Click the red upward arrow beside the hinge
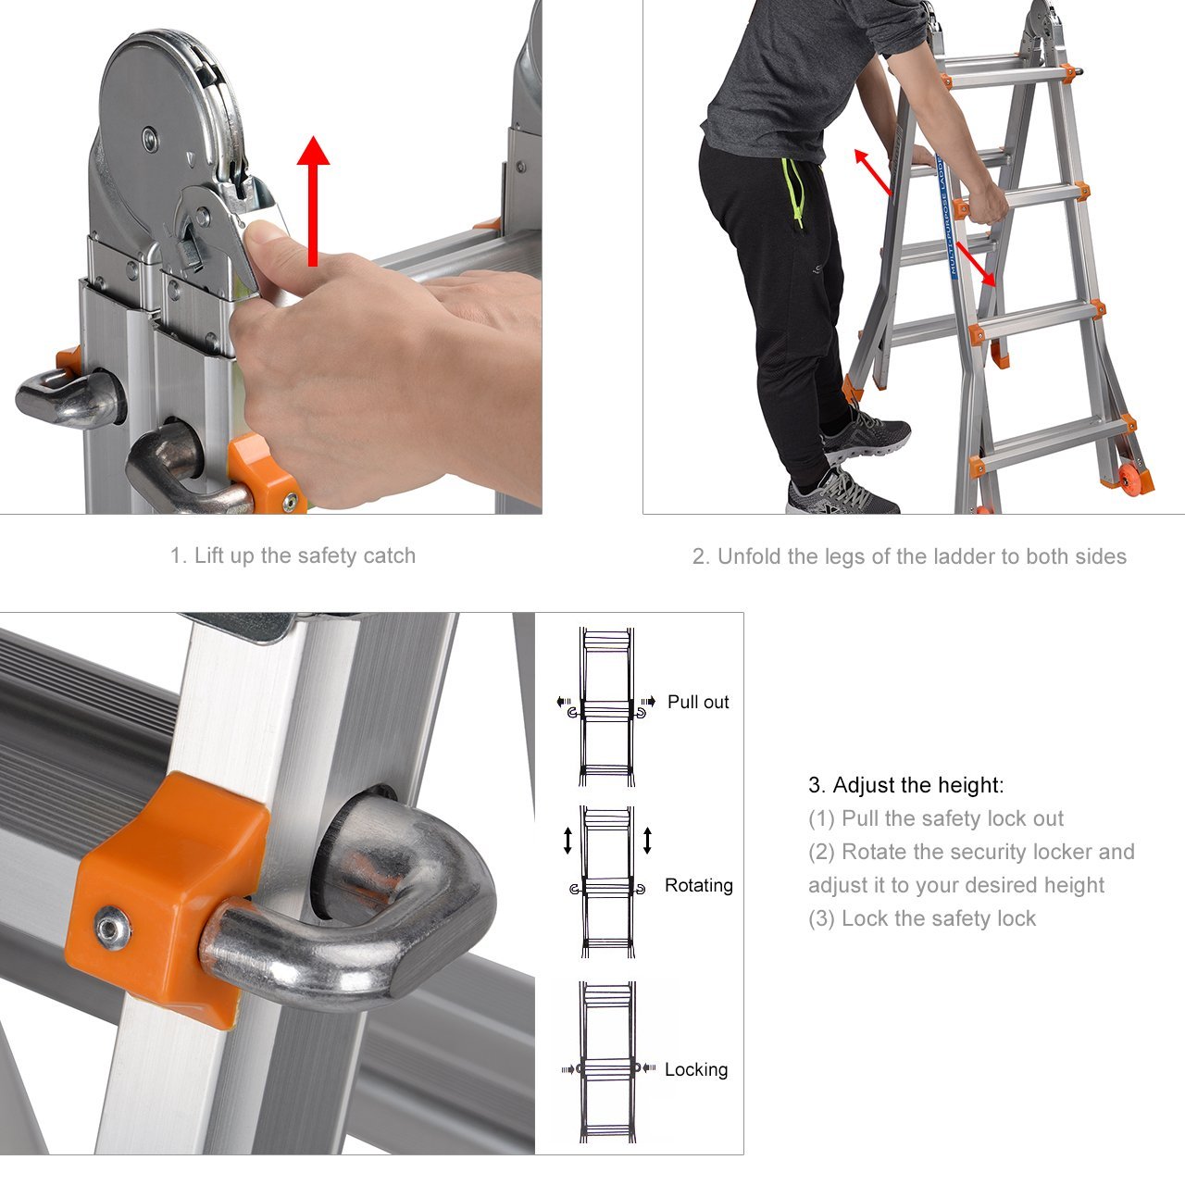[313, 201]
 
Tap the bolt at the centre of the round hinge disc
[149, 138]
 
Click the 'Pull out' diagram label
[698, 702]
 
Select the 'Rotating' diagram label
[699, 885]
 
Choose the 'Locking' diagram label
[696, 1069]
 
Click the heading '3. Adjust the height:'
[905, 785]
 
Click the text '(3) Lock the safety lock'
[922, 918]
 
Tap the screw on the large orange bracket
[113, 928]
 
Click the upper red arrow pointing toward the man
[873, 172]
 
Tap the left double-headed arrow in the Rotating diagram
[568, 841]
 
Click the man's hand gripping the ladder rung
[987, 204]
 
